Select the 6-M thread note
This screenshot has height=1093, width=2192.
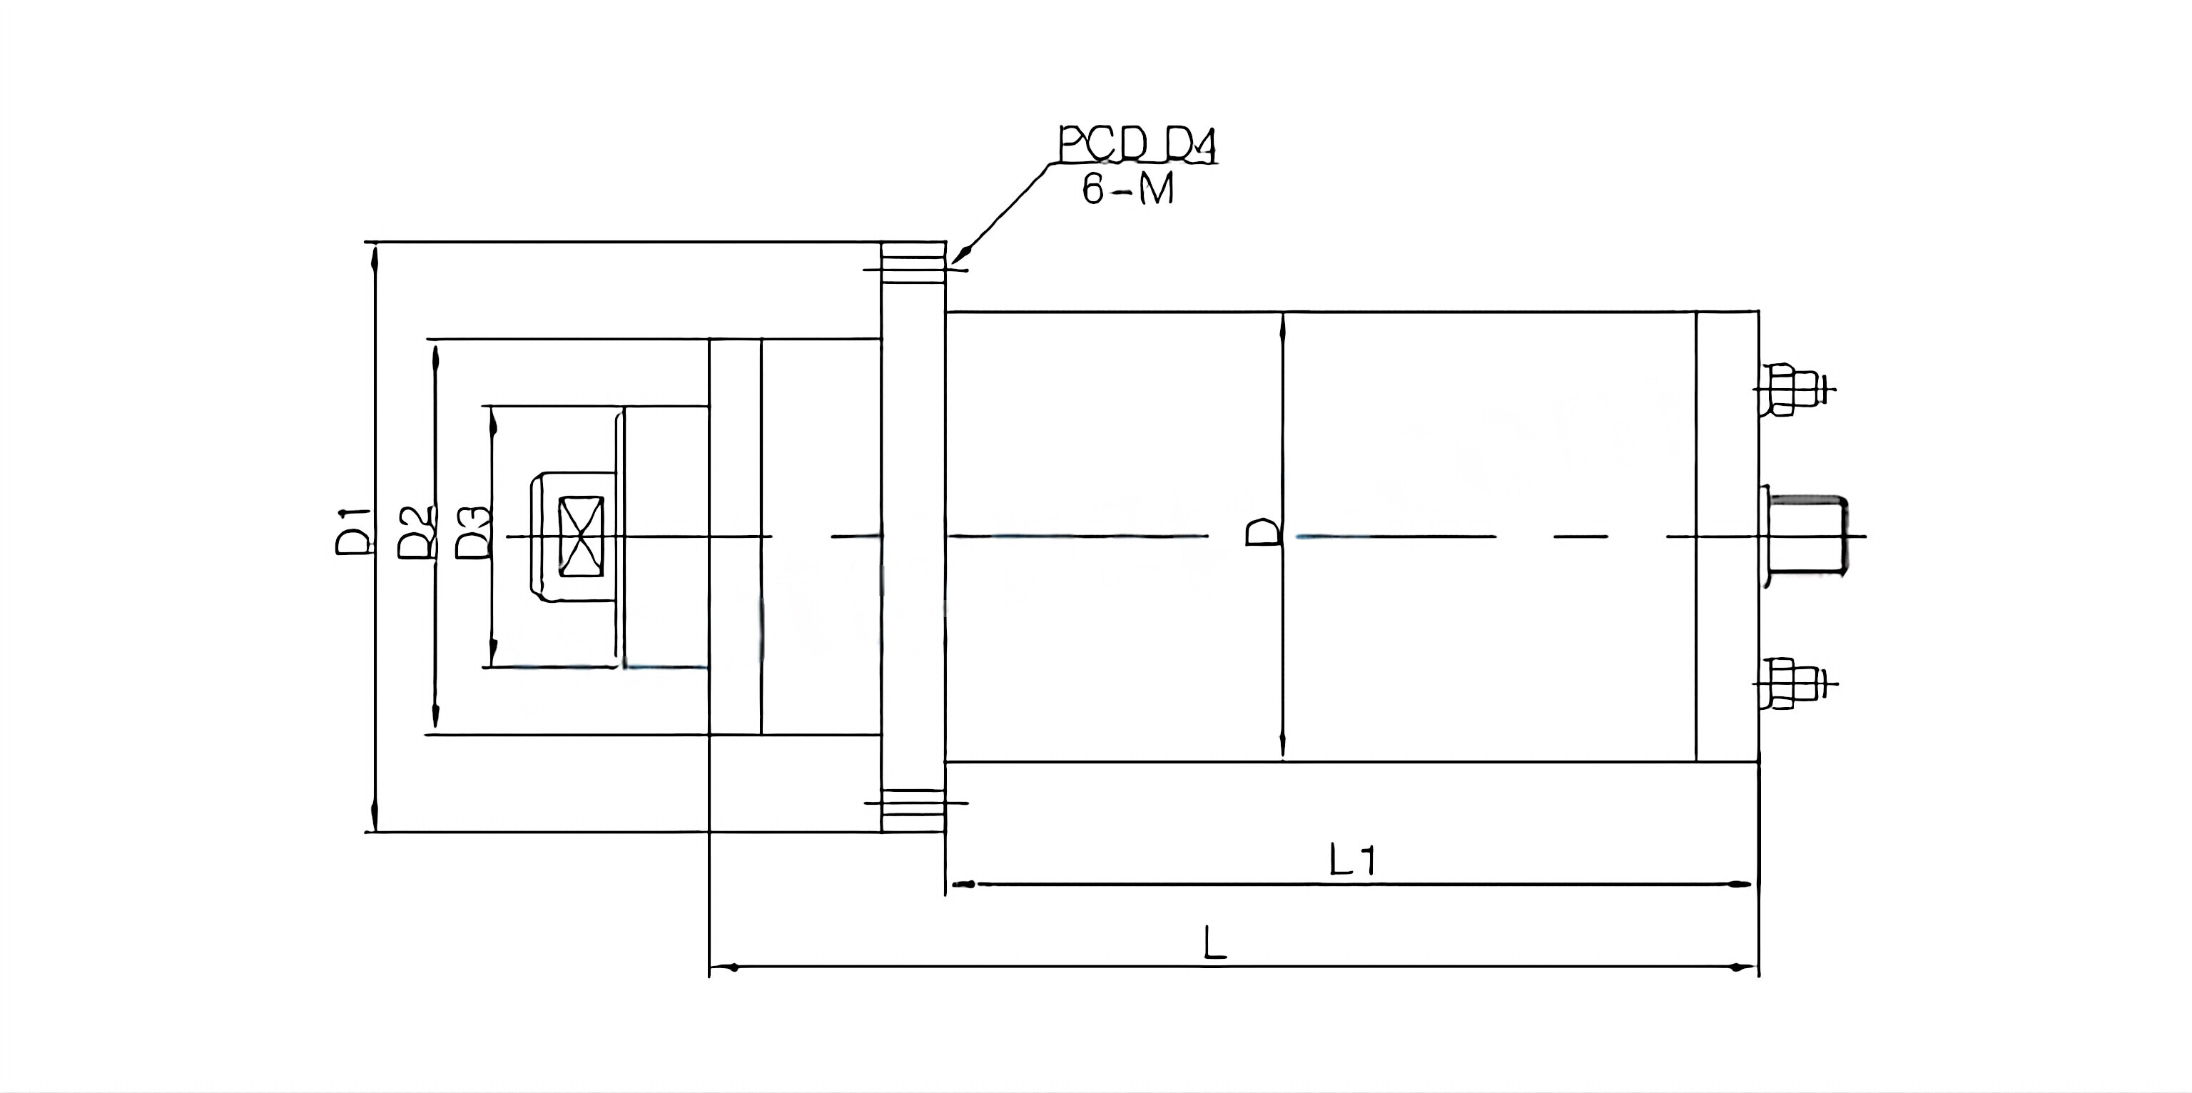[x=1127, y=189]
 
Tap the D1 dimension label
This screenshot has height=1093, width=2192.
[x=352, y=531]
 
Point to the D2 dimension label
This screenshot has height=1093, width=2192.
[x=417, y=532]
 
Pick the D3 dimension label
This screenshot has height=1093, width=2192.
[x=474, y=532]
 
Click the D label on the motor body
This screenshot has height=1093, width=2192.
[x=1263, y=532]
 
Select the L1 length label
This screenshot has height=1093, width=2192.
[x=1352, y=861]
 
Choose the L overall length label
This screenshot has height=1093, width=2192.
[x=1214, y=943]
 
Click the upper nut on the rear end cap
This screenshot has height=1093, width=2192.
[x=1784, y=390]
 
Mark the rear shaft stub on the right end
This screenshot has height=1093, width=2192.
[x=1806, y=536]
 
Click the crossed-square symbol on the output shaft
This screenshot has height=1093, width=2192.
[x=580, y=537]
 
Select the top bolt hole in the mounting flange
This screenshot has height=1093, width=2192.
[x=913, y=270]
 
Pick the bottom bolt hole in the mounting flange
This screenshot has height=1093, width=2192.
[x=913, y=802]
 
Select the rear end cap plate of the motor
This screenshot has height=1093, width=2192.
[x=1727, y=536]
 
